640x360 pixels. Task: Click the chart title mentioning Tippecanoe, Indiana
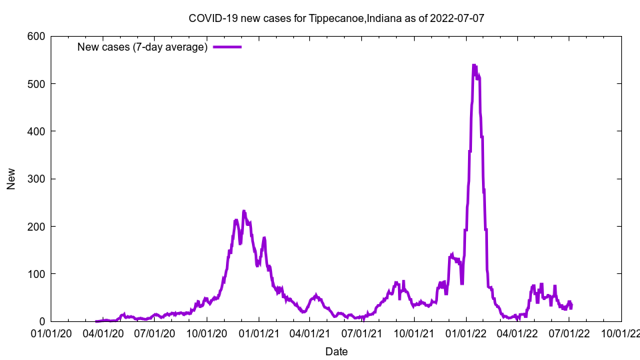(x=337, y=18)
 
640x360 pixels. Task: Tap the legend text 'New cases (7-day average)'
(x=143, y=47)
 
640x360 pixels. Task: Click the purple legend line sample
(x=227, y=47)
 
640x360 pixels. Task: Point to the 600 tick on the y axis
(x=36, y=36)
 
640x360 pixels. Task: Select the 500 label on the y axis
(x=36, y=83)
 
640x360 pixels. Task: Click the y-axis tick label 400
(x=36, y=131)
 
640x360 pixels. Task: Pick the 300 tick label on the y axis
(x=36, y=179)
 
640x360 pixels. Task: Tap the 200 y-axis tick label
(x=36, y=227)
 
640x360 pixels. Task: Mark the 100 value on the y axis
(x=36, y=274)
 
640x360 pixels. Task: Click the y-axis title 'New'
(x=11, y=179)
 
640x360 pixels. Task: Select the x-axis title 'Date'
(x=337, y=351)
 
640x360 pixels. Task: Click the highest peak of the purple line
(x=473, y=65)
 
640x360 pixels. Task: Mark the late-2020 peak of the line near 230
(x=244, y=211)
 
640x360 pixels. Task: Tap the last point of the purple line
(x=571, y=307)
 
